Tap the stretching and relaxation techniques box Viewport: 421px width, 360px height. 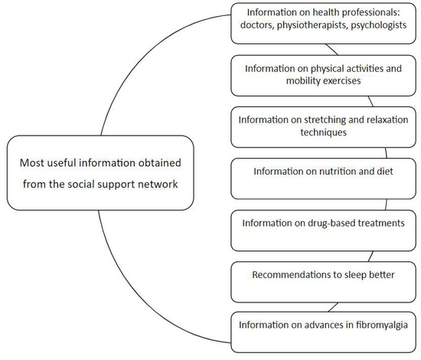(326, 126)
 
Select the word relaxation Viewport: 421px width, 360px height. (387, 119)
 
